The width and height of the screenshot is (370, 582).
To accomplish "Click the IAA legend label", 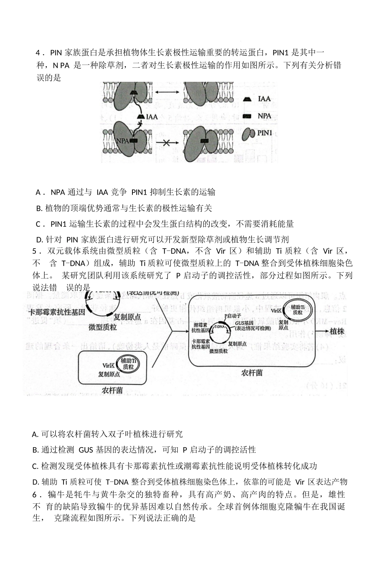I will [x=264, y=99].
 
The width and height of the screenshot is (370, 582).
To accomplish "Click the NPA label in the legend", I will [x=264, y=116].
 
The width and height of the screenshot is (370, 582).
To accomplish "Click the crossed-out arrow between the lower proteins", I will [x=166, y=143].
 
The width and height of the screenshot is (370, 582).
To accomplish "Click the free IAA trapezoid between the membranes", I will [x=141, y=116].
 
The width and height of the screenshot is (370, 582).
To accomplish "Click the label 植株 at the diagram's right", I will [x=337, y=332].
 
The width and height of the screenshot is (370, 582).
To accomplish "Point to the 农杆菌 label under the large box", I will [x=252, y=373].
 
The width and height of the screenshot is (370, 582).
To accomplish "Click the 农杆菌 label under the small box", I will [x=113, y=390].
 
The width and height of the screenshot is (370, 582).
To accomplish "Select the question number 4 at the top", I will [x=38, y=53].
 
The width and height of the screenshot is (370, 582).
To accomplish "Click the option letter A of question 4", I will [x=38, y=192].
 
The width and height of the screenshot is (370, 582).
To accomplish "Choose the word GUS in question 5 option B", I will [x=86, y=450].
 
